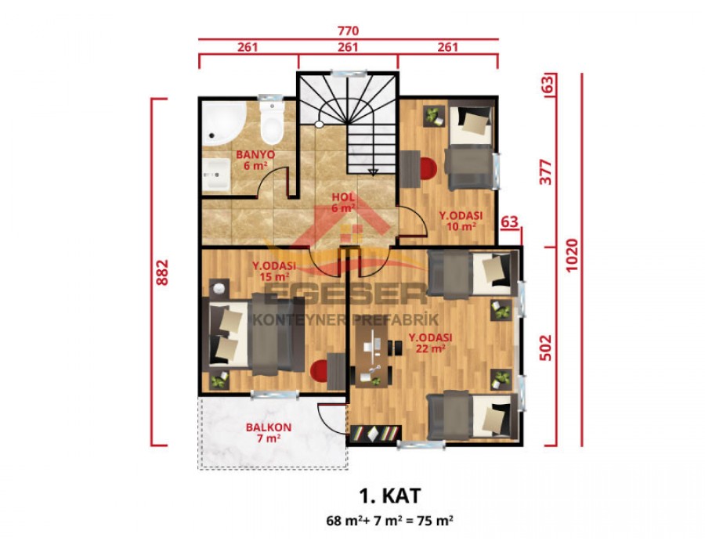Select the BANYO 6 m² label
click(x=255, y=160)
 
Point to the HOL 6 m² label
click(x=343, y=202)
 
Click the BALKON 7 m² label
click(x=269, y=433)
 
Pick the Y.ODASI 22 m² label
click(x=428, y=344)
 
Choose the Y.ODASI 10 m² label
click(x=460, y=222)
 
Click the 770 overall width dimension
click(x=348, y=31)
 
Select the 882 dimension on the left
click(x=163, y=272)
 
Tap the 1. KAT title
click(x=389, y=496)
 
